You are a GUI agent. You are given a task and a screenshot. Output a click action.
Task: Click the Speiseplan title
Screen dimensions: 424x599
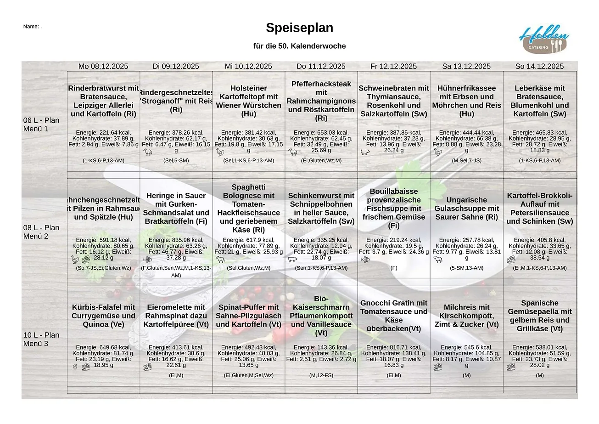pos(299,28)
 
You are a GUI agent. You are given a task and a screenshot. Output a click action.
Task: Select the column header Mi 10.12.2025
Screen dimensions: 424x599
pos(248,66)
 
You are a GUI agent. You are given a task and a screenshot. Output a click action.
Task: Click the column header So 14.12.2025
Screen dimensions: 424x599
pos(539,66)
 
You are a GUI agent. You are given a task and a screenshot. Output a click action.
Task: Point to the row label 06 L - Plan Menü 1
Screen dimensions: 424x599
pos(41,124)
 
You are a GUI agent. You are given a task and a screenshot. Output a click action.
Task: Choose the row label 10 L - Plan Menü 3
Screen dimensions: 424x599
pos(41,339)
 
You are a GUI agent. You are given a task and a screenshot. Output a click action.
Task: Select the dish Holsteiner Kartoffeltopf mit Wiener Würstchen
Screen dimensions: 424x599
pos(248,101)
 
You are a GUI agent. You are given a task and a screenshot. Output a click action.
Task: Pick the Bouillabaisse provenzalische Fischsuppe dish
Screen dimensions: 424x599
pos(394,209)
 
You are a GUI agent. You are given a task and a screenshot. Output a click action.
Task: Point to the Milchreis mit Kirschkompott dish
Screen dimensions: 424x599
pos(466,316)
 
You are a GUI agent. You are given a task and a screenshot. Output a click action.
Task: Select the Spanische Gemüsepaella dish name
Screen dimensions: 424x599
pos(539,316)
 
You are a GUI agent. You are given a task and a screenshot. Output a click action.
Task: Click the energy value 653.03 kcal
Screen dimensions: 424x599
pos(321,132)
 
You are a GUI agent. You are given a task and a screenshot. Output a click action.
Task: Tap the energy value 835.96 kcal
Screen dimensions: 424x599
pos(176,240)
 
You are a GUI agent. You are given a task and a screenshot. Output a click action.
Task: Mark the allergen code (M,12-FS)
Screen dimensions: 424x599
pos(321,375)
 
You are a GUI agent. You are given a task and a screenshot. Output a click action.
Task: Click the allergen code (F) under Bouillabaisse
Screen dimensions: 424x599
pos(394,268)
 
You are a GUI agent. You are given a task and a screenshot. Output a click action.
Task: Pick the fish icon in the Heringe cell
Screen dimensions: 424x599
pos(147,260)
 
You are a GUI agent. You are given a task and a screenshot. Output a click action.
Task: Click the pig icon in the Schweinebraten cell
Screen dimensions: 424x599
pos(365,151)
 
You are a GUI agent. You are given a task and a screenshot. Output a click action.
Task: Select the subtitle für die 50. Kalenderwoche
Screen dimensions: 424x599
pos(299,46)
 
